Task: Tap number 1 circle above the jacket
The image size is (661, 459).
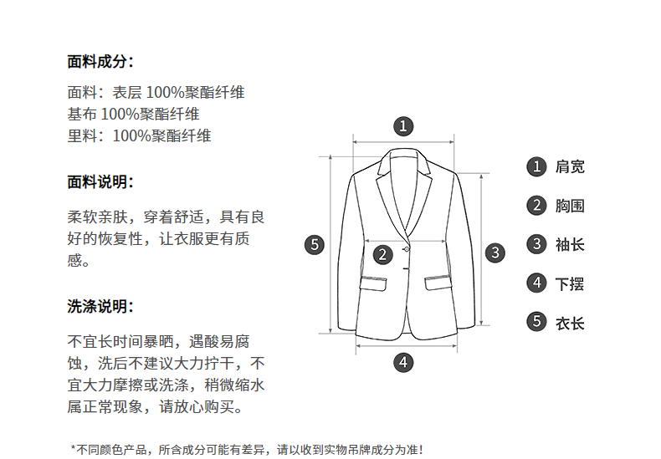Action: pyautogui.click(x=404, y=126)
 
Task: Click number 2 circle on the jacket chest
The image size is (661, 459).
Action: pyautogui.click(x=382, y=254)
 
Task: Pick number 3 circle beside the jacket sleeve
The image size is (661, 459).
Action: pyautogui.click(x=496, y=252)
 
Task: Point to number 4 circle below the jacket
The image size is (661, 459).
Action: pyautogui.click(x=404, y=362)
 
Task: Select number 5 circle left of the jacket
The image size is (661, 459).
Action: pyautogui.click(x=314, y=244)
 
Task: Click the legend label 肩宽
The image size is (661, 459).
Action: pyautogui.click(x=570, y=166)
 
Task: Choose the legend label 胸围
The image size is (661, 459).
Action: pyautogui.click(x=570, y=206)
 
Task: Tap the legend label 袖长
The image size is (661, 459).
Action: pyautogui.click(x=570, y=244)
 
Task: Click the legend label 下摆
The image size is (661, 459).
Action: pyautogui.click(x=570, y=283)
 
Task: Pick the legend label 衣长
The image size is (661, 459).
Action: pyautogui.click(x=570, y=322)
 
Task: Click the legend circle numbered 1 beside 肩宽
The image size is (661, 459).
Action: pyautogui.click(x=536, y=166)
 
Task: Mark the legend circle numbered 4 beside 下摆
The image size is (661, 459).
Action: pyautogui.click(x=536, y=283)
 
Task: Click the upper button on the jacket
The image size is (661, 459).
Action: pyautogui.click(x=407, y=248)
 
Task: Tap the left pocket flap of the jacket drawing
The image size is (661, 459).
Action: pyautogui.click(x=375, y=282)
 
